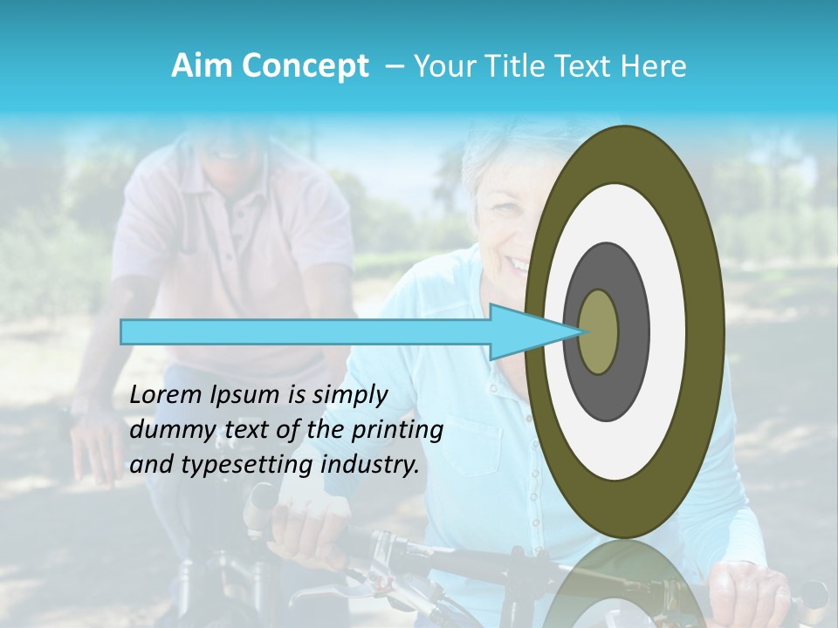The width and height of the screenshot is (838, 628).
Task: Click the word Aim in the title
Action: [200, 66]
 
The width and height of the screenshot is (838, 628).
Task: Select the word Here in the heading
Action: [655, 66]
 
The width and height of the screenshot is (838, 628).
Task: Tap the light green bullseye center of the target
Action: [599, 332]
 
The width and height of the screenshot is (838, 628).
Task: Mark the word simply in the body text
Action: [347, 396]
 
